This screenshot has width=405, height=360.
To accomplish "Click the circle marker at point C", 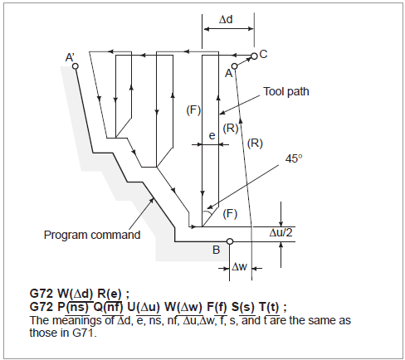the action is [x=254, y=56].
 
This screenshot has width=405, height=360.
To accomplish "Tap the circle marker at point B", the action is [x=230, y=241].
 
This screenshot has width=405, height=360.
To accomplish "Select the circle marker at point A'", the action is [x=76, y=66].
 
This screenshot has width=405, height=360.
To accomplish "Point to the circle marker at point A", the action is [x=235, y=66].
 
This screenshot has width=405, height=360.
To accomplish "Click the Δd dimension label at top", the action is [x=226, y=20].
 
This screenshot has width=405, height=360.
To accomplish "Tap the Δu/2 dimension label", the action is [x=281, y=233].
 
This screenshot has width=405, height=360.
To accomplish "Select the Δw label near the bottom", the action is [x=239, y=267].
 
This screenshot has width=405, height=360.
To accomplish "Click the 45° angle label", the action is [x=294, y=158].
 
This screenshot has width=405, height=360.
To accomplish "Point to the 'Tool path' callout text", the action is [x=285, y=91].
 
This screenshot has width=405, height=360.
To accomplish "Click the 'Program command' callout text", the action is [x=92, y=235].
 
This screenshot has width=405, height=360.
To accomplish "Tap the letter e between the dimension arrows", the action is [x=212, y=136].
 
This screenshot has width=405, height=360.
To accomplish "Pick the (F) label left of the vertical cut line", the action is [x=193, y=110].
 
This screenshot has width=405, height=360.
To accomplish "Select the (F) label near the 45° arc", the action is [x=230, y=214].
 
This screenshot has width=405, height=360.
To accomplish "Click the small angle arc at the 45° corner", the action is [x=208, y=213].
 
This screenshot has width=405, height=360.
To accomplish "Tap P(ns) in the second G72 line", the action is [x=74, y=307].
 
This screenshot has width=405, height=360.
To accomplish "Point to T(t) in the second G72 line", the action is [x=269, y=307].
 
